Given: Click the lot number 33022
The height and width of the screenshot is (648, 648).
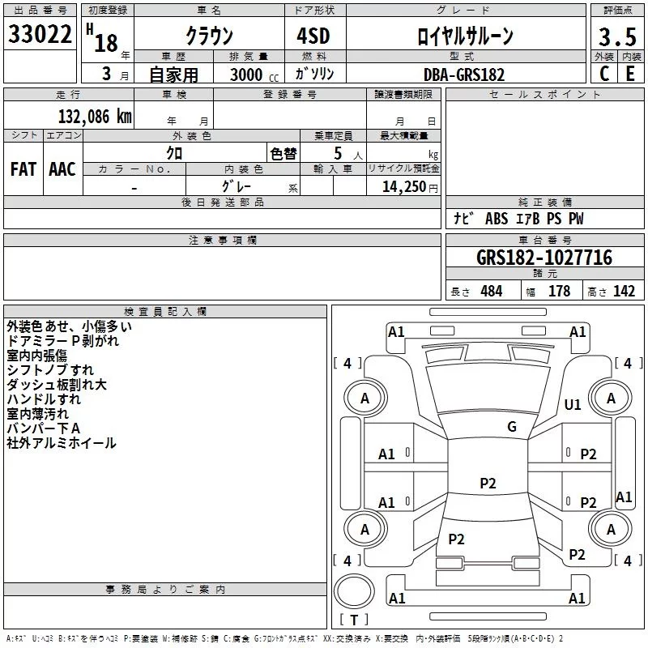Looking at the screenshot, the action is tap(40, 36).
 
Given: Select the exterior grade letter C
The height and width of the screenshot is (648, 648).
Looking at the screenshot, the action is tap(603, 74).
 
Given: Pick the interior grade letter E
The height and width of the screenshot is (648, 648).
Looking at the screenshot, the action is tap(629, 74).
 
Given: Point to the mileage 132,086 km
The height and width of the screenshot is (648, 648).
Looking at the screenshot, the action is tap(96, 116).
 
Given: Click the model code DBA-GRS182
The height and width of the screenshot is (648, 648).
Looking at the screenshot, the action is tap(464, 75).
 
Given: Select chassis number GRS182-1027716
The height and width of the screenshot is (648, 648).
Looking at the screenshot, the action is tap(544, 258).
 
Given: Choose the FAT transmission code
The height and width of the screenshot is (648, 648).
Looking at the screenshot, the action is tap(23, 169).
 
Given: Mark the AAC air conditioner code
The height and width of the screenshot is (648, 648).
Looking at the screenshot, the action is tap(62, 169).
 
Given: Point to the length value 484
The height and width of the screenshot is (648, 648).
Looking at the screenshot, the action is tap(491, 292).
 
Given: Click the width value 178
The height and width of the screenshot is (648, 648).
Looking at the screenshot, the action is tap(559, 292).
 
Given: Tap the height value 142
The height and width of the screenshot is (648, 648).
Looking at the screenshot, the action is tap(624, 292).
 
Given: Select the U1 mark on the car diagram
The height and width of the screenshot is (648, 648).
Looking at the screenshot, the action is tap(573, 404).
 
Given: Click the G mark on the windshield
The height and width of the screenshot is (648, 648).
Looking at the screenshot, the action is tap(511, 427).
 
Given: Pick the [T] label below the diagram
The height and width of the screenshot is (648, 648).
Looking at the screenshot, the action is tap(353, 620).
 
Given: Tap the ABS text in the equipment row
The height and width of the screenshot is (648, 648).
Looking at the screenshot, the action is tap(497, 220).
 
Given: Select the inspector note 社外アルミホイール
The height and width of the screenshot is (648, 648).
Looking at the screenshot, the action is tap(61, 443).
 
